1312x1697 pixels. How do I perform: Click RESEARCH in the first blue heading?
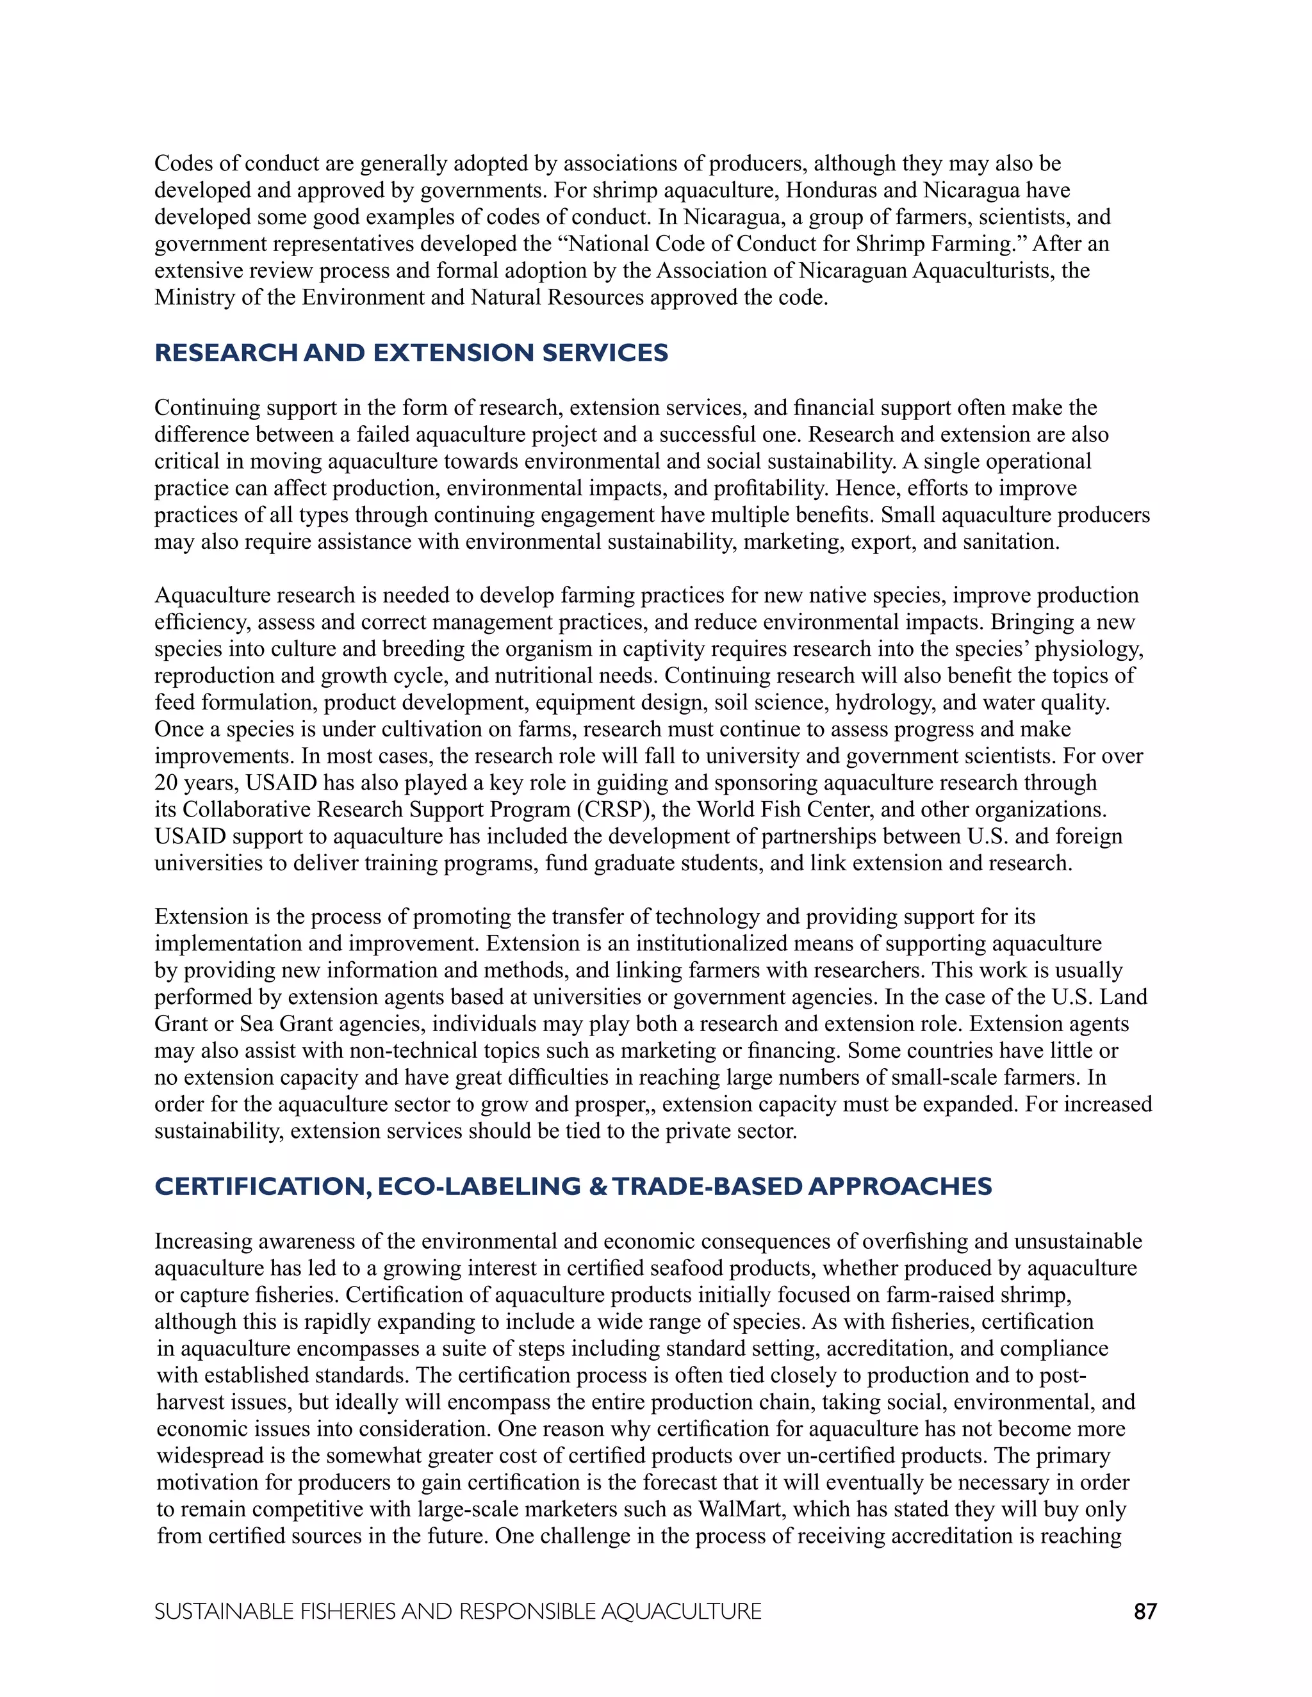pyautogui.click(x=226, y=353)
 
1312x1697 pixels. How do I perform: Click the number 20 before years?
pyautogui.click(x=167, y=783)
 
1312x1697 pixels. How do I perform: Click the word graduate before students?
pyautogui.click(x=637, y=863)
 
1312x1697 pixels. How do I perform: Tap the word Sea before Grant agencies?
pyautogui.click(x=256, y=1024)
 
